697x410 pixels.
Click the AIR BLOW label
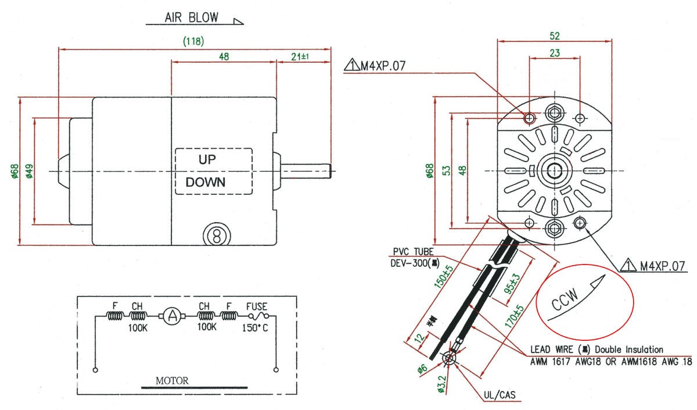click(x=191, y=17)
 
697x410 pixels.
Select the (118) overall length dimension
click(x=193, y=42)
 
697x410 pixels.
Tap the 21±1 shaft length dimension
click(x=303, y=57)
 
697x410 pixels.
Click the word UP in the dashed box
click(x=207, y=159)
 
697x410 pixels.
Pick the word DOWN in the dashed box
click(x=206, y=182)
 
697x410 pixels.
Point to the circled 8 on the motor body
click(x=215, y=236)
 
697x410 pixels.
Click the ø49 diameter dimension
click(x=30, y=172)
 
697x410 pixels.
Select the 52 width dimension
click(x=555, y=35)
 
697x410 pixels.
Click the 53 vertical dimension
click(x=446, y=170)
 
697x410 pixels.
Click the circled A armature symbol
click(x=171, y=316)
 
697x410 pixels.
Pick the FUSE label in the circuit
click(x=256, y=305)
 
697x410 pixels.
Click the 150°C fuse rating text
click(x=256, y=327)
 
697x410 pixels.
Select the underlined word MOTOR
click(x=171, y=382)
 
